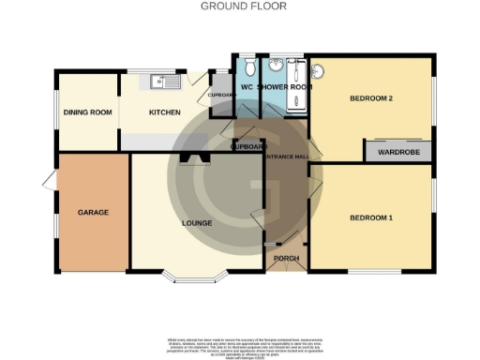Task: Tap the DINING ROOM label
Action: [87, 112]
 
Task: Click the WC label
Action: [247, 88]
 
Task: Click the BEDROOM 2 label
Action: [370, 97]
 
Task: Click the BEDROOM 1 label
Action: [370, 217]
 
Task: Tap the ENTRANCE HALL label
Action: [288, 157]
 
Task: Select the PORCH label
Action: [285, 258]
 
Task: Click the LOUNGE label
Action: [197, 222]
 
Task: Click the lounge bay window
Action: [197, 278]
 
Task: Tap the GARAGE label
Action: [93, 212]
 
